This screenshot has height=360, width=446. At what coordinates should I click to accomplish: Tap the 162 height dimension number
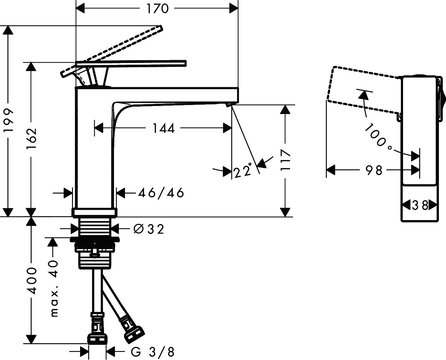tap(32, 139)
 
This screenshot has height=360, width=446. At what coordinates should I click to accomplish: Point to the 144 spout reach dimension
tap(163, 128)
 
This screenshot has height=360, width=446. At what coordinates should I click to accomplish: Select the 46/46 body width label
tap(161, 193)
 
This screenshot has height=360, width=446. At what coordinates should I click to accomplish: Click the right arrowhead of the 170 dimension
tap(233, 8)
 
